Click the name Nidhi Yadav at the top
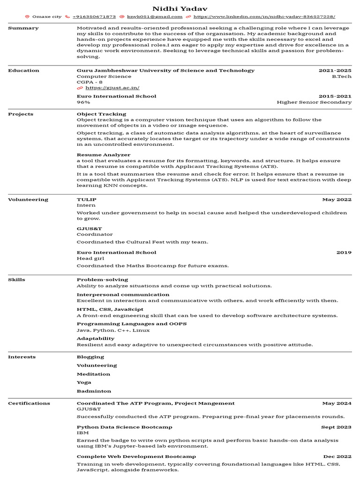(180, 9)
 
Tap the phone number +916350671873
(94, 16)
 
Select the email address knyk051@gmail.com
(155, 16)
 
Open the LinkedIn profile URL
(264, 16)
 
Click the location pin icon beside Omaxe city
(27, 16)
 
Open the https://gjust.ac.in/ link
(112, 88)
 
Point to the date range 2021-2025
(335, 70)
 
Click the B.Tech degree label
(342, 76)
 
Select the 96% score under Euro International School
(83, 102)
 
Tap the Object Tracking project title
(101, 114)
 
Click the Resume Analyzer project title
(104, 155)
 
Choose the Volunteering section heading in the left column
(28, 200)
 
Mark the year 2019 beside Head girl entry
(344, 253)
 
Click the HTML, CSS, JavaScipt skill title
(110, 309)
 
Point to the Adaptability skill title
(96, 338)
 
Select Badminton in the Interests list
(94, 391)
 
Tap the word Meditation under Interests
(93, 374)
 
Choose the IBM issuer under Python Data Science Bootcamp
(82, 433)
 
